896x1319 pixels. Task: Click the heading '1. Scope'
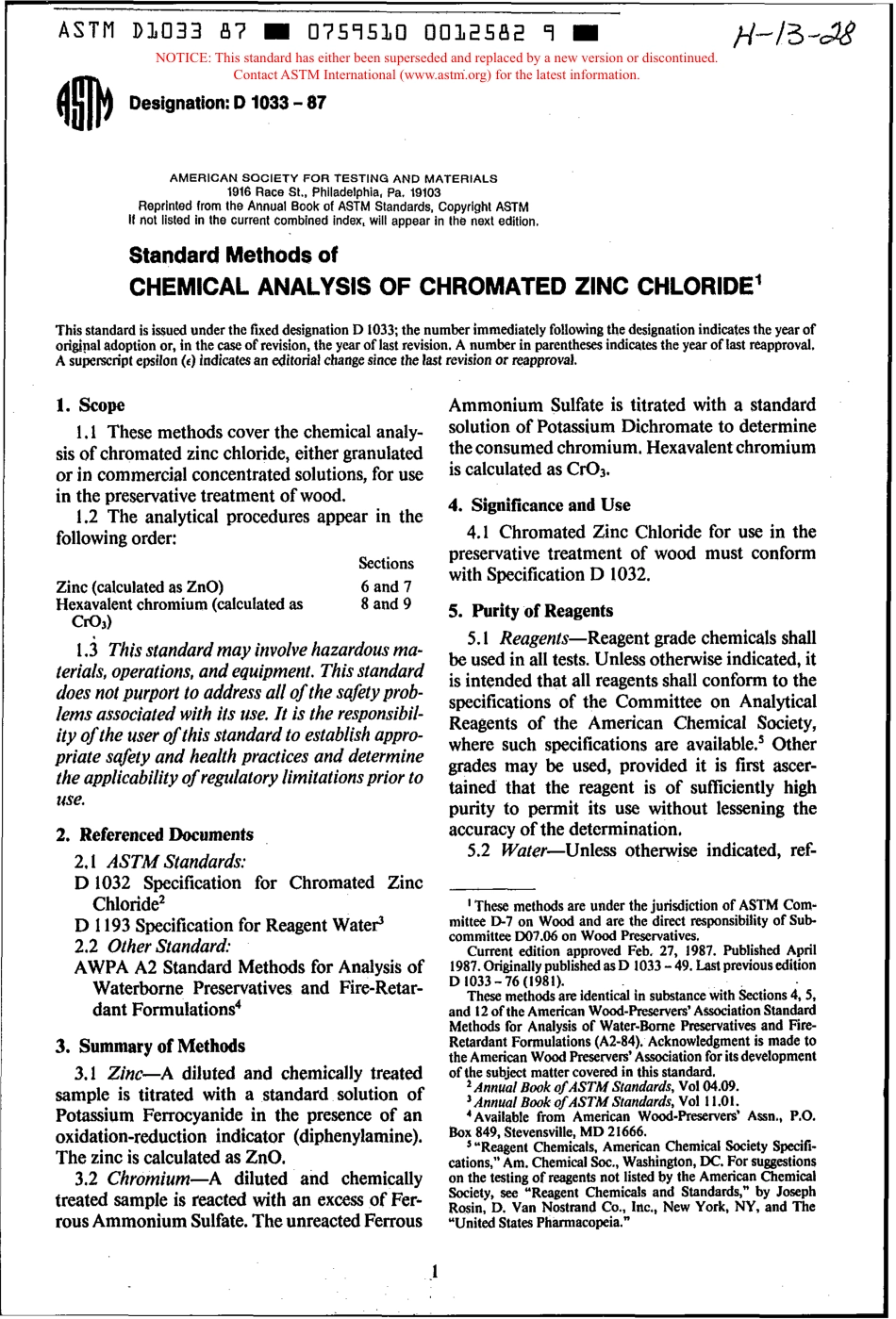tap(91, 405)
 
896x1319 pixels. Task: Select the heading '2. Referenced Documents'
tap(155, 834)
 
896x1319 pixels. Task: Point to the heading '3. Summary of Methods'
tap(150, 1046)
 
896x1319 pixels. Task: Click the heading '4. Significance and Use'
tap(539, 504)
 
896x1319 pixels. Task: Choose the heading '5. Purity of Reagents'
tap(530, 610)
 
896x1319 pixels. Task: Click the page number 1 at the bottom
tap(435, 1272)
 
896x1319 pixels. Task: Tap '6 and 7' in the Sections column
tap(386, 586)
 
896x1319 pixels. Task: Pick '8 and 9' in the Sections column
tap(386, 604)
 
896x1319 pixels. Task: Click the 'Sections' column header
tap(386, 563)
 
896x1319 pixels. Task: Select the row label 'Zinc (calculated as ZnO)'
tap(141, 586)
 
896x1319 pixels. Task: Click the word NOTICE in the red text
tap(183, 58)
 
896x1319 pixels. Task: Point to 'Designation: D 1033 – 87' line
tap(227, 102)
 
